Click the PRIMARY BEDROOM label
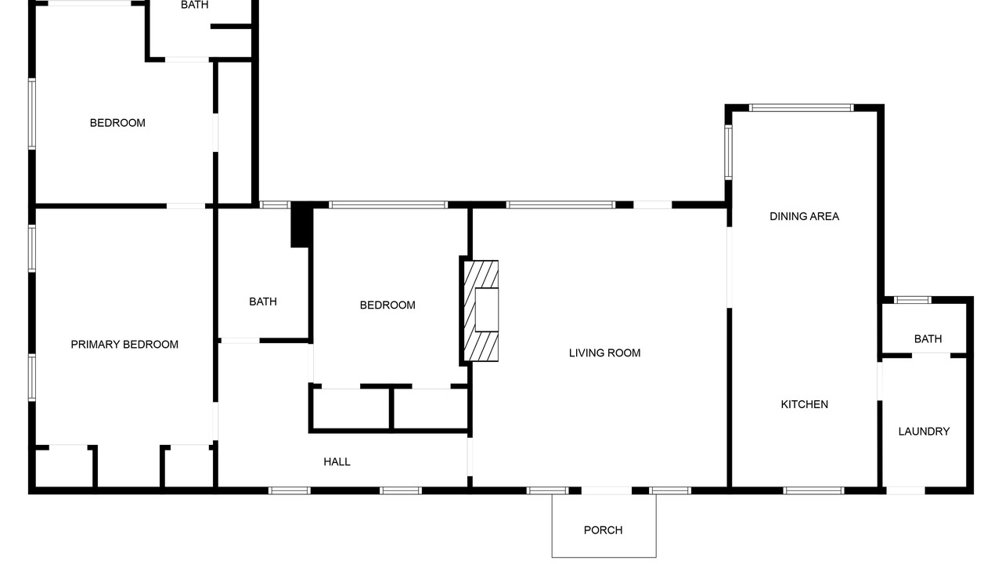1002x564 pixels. click(124, 344)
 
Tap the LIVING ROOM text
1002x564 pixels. click(605, 352)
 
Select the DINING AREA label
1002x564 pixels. click(804, 216)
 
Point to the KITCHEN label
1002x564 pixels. click(804, 404)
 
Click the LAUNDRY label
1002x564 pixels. click(924, 431)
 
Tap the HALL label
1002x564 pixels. click(337, 461)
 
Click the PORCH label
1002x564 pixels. click(603, 530)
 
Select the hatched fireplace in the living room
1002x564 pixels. click(481, 311)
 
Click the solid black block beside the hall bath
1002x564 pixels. click(301, 225)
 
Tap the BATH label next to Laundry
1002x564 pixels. click(928, 339)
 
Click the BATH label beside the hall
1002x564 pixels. click(262, 302)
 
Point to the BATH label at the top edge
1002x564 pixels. click(195, 5)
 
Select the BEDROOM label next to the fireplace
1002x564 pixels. click(387, 305)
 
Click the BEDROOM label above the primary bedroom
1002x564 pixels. click(117, 123)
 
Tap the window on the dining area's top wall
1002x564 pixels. click(801, 108)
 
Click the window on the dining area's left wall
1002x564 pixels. click(728, 152)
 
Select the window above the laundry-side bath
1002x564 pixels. click(913, 300)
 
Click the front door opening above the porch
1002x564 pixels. click(606, 490)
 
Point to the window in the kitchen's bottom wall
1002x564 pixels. click(813, 490)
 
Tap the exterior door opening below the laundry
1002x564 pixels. click(906, 490)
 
